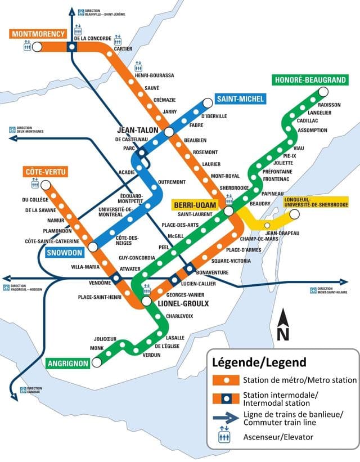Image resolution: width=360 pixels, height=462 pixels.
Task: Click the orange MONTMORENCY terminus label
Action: [38, 34]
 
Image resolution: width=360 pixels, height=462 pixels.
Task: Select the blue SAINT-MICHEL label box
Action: [239, 100]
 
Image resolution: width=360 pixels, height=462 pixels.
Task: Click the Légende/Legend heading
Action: [259, 361]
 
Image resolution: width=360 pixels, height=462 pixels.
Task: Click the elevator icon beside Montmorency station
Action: [26, 48]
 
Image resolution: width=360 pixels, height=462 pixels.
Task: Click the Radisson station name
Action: [329, 105]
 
